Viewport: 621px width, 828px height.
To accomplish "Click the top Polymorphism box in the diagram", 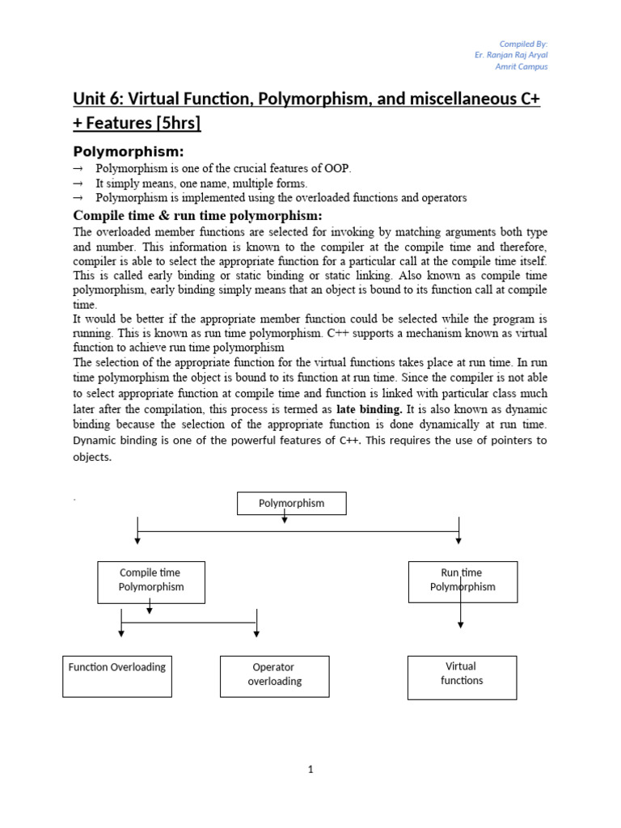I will tap(291, 503).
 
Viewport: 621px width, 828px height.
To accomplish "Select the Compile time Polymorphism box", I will tap(151, 581).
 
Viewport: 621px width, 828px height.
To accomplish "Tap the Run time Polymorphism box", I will tap(462, 581).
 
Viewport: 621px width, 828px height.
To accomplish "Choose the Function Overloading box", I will tap(117, 675).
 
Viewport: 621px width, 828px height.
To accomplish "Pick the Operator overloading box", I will tap(274, 675).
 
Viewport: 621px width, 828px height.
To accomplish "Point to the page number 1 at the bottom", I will tap(310, 770).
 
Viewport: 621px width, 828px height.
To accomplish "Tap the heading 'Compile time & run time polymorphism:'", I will tap(198, 215).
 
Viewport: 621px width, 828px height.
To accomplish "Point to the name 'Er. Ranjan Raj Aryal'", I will tap(512, 55).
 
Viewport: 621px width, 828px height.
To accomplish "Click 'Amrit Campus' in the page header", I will tap(522, 67).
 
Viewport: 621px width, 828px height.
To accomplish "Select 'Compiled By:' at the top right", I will tap(524, 43).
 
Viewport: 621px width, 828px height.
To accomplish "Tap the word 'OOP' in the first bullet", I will tap(338, 169).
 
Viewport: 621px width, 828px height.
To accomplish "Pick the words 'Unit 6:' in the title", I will tap(102, 99).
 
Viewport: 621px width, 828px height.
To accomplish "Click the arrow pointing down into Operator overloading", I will tap(257, 636).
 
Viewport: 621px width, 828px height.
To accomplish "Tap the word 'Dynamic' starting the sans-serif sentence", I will tap(95, 441).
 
